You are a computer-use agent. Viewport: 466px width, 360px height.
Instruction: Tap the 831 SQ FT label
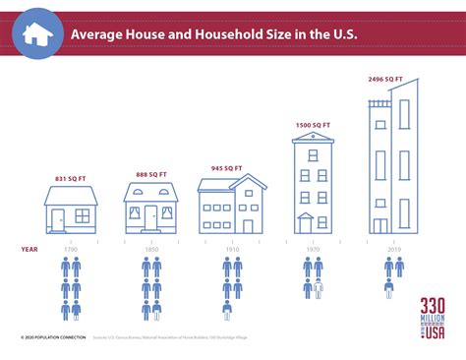pos(70,178)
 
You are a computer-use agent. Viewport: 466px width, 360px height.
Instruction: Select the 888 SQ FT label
pos(150,174)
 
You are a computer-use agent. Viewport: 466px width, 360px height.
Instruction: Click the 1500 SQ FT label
pos(312,125)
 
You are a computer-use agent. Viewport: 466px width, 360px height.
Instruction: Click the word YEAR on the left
pos(29,249)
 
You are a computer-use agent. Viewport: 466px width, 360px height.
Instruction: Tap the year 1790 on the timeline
pos(71,249)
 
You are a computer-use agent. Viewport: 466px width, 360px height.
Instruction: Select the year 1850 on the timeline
pos(150,249)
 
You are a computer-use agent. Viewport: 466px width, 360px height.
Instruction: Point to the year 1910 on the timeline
pos(231,249)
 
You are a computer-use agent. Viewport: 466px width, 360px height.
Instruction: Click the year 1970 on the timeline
pos(312,249)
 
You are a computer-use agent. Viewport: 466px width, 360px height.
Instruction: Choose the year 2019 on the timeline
pos(392,249)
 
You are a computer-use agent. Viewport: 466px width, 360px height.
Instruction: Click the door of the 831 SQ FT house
pos(59,220)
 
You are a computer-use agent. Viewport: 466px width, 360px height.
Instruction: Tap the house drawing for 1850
pos(150,209)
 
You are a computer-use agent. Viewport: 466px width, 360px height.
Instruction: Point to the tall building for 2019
pos(392,162)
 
